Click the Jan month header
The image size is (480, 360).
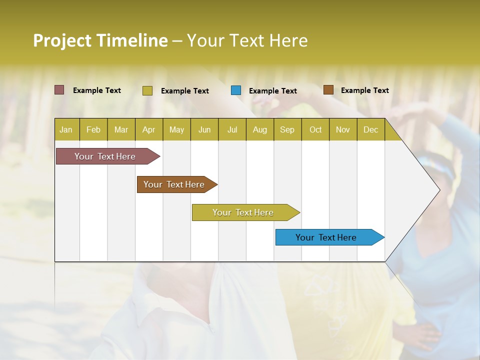click(x=66, y=130)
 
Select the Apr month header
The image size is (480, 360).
click(x=148, y=130)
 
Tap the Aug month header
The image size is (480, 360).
click(x=259, y=130)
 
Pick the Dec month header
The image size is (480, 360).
click(x=370, y=130)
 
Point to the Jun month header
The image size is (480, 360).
click(x=204, y=130)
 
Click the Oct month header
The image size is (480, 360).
click(x=315, y=130)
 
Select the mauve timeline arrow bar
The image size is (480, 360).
click(x=105, y=156)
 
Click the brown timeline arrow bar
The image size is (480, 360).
click(x=174, y=184)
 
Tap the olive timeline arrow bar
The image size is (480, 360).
click(x=243, y=212)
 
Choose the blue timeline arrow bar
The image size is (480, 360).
click(x=326, y=237)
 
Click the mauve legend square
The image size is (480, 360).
click(x=59, y=90)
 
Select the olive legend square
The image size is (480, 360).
click(x=147, y=90)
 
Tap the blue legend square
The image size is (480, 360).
click(x=236, y=90)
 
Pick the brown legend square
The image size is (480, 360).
click(x=328, y=90)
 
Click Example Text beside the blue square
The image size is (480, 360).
click(x=272, y=91)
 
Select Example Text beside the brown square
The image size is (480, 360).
click(x=364, y=90)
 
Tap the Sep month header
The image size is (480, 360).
click(x=287, y=130)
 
